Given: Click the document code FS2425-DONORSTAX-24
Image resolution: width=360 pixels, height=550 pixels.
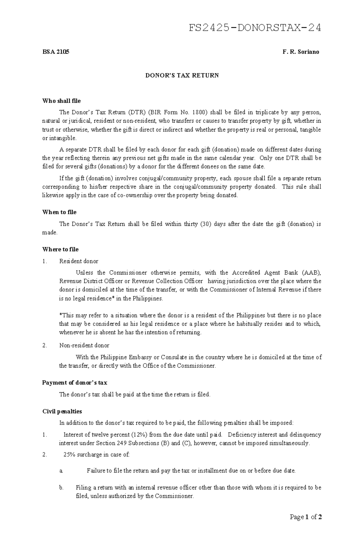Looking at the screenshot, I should point(255,28).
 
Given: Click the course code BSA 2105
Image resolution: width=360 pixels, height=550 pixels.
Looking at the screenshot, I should point(55,52).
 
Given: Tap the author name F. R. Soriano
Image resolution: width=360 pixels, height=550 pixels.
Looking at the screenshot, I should point(301,52).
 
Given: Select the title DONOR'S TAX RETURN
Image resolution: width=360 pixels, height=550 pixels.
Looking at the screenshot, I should point(182,76).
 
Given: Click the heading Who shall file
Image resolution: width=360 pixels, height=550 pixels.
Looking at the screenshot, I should point(61,101).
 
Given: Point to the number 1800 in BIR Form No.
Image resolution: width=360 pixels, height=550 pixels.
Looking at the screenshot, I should point(199,113).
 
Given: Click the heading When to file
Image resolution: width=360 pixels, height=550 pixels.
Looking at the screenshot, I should point(59,212).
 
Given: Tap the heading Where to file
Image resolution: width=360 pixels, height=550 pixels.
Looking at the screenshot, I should point(60,249).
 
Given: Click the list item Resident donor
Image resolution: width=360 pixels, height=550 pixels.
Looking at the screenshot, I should point(79,261).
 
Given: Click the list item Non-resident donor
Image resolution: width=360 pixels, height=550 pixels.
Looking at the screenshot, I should point(84,346).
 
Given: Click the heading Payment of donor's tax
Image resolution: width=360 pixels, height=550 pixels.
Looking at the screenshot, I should point(74,383).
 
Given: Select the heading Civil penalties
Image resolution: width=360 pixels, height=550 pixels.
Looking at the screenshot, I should point(62,412).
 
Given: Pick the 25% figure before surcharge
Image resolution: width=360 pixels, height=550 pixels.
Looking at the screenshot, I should point(70,455).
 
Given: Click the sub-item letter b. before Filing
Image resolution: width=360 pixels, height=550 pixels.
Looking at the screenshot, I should point(61,488).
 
